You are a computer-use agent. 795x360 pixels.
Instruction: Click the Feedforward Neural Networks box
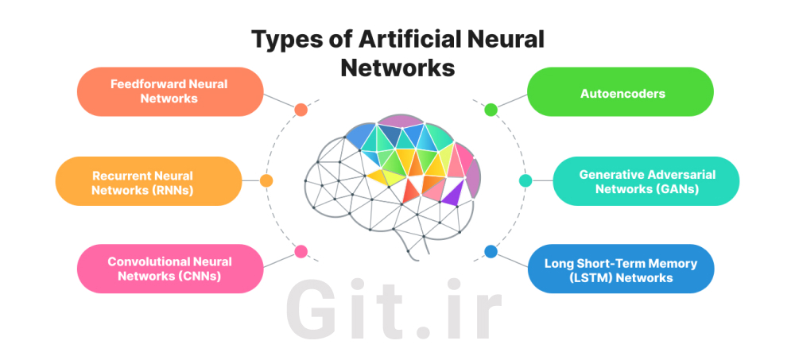click(x=169, y=91)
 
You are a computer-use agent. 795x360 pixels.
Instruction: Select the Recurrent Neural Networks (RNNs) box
click(x=148, y=182)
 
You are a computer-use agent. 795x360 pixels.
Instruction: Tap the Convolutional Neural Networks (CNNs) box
click(x=169, y=269)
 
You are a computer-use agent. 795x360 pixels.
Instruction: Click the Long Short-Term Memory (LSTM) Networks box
click(x=621, y=269)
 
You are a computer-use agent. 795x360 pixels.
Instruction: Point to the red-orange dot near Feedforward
click(x=301, y=110)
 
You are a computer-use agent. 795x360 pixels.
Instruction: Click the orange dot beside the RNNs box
click(x=266, y=180)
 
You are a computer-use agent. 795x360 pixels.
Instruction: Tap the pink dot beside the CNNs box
click(x=301, y=251)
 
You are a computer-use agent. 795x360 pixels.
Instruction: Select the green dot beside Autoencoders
click(x=491, y=110)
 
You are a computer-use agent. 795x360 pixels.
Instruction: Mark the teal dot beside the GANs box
click(x=525, y=180)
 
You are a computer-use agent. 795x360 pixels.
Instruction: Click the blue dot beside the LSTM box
click(x=491, y=251)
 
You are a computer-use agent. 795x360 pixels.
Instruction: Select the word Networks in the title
click(x=397, y=67)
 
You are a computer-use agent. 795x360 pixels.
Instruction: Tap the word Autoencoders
click(x=621, y=92)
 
